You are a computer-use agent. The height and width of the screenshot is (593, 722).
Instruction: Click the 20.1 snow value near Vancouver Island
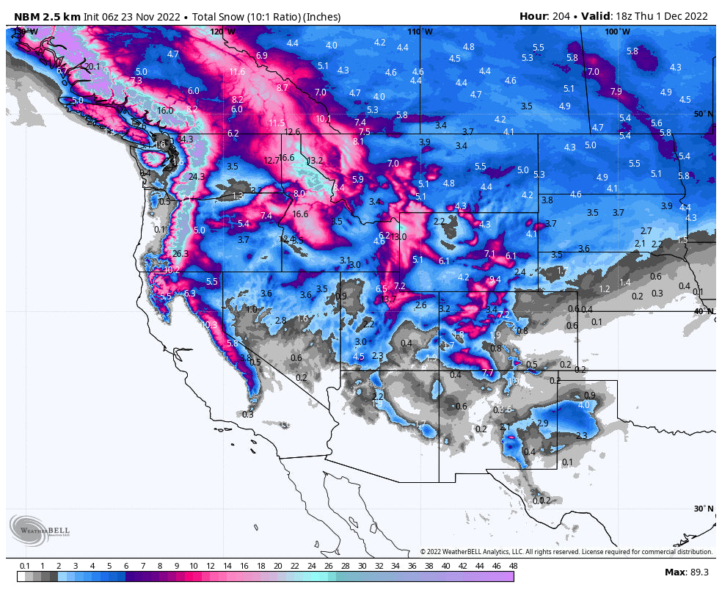pyautogui.click(x=92, y=67)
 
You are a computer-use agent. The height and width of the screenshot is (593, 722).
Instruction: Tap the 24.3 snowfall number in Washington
pyautogui.click(x=196, y=177)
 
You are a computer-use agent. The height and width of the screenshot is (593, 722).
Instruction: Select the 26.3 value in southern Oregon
pyautogui.click(x=180, y=254)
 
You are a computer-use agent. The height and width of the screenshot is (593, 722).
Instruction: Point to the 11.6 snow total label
pyautogui.click(x=237, y=72)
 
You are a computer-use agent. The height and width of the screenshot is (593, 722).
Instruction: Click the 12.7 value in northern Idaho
pyautogui.click(x=271, y=160)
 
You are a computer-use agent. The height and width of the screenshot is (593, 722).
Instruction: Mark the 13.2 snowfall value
pyautogui.click(x=315, y=161)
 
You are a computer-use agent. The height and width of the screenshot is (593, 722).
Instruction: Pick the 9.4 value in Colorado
pyautogui.click(x=495, y=280)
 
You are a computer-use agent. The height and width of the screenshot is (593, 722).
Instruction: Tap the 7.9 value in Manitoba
pyautogui.click(x=616, y=92)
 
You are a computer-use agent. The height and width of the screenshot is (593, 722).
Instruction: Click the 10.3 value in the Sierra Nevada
pyautogui.click(x=209, y=324)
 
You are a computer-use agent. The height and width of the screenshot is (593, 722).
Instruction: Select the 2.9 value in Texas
pyautogui.click(x=542, y=424)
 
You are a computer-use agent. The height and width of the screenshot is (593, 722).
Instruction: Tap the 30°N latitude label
pyautogui.click(x=703, y=509)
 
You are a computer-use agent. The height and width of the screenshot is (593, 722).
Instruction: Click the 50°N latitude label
pyautogui.click(x=703, y=114)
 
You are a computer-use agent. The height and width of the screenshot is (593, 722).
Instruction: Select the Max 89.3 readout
pyautogui.click(x=685, y=572)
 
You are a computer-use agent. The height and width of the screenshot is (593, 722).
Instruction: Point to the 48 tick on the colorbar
pyautogui.click(x=513, y=566)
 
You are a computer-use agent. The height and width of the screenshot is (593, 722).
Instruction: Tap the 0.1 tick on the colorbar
pyautogui.click(x=25, y=566)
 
